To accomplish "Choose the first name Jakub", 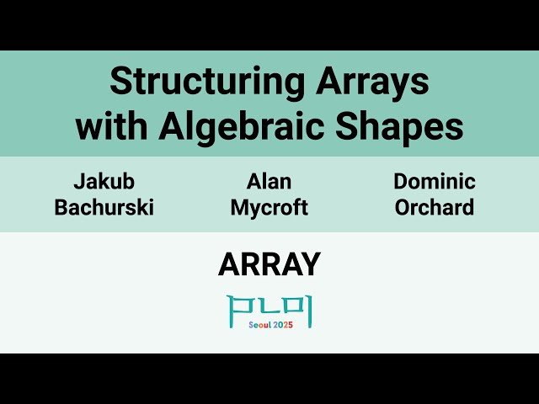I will coord(104,182).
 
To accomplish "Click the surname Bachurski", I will coord(104,207).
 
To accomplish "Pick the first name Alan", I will coord(269,182).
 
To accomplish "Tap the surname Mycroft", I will coord(269,207).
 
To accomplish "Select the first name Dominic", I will coord(435,182).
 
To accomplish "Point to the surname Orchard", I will coord(435,207).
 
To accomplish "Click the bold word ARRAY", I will coord(269,265).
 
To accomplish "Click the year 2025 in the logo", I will coord(284,325).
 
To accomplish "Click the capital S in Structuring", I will coord(119,82).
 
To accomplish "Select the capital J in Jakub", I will coord(78,182).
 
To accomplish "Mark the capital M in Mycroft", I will coord(238,207).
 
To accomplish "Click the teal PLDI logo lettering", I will coord(269,309).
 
